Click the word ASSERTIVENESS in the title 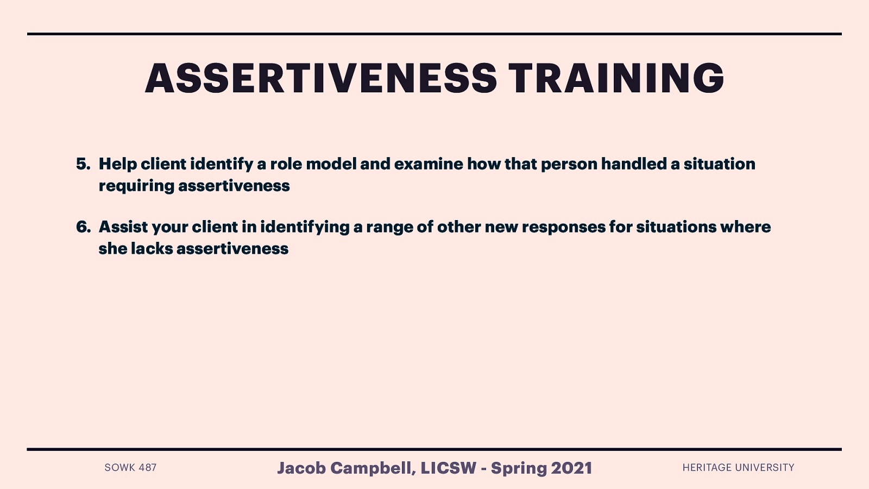pos(320,78)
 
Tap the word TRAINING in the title pos(616,78)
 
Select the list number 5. pos(83,164)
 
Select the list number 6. pos(83,227)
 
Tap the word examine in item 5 pos(429,164)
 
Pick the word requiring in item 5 pos(136,186)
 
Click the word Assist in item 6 pos(123,227)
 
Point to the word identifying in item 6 pos(305,227)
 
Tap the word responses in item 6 pos(563,227)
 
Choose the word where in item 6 pos(745,227)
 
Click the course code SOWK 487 pos(130,468)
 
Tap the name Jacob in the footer pos(301,468)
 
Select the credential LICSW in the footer pos(448,468)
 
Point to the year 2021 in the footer pos(571,468)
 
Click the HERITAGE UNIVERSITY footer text pos(738,468)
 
